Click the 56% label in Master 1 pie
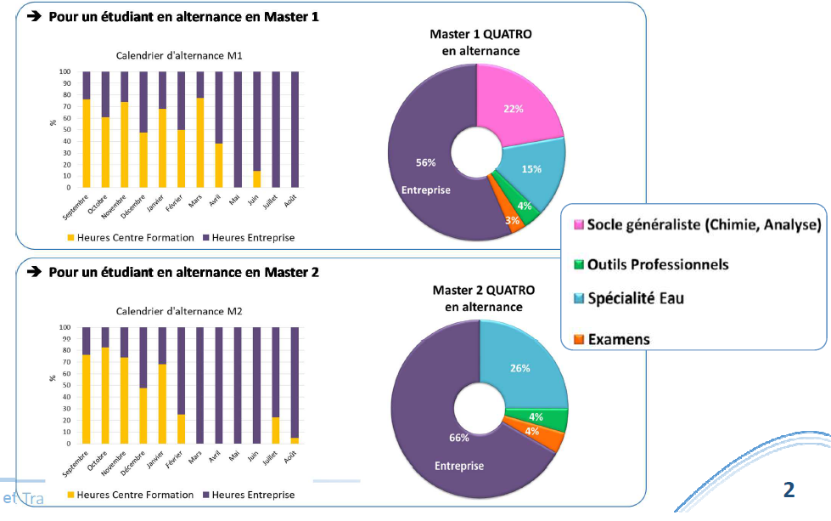coord(425,162)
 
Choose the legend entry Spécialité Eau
coord(635,298)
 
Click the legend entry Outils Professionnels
coord(657,264)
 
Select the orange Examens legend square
coord(580,340)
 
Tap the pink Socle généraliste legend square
coord(580,225)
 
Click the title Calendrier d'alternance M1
coord(179,56)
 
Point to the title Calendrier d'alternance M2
coord(179,311)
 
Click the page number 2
coord(789,490)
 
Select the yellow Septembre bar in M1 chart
coord(87,143)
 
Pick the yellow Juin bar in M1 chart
coord(257,178)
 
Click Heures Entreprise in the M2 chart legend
coord(253,495)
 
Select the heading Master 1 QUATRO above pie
coord(480,34)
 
